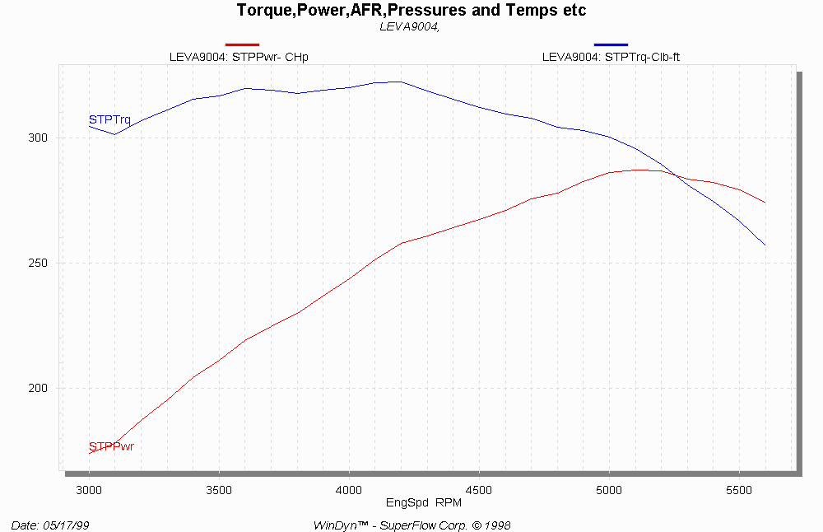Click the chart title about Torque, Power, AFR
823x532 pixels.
point(411,11)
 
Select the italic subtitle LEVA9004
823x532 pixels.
point(411,26)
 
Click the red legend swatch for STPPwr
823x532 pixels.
point(242,44)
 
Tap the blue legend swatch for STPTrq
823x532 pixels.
point(611,44)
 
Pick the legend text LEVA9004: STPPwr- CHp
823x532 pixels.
point(244,57)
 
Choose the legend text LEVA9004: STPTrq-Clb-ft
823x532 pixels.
point(610,57)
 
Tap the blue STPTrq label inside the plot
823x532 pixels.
point(109,120)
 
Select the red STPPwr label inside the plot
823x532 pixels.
point(111,446)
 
